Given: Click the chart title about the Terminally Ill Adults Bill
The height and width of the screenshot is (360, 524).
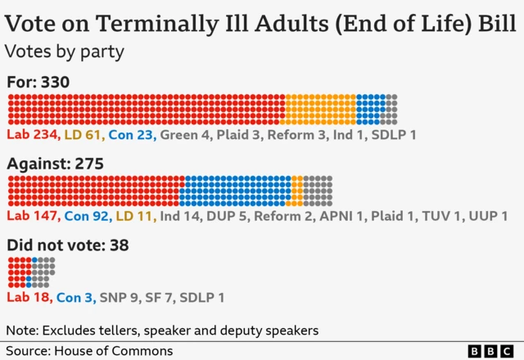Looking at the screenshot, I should click(x=260, y=20).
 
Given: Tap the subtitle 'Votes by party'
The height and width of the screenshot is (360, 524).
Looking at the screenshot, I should click(x=64, y=51).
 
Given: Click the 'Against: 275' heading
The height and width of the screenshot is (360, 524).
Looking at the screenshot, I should click(x=55, y=164).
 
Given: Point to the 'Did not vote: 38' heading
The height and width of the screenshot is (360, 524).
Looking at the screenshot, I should click(x=68, y=245).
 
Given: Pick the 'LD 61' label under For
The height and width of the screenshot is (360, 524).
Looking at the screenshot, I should click(x=83, y=133).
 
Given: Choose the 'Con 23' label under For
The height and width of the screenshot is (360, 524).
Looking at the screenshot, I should click(x=131, y=133).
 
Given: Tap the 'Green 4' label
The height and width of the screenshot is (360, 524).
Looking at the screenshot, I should click(x=183, y=133).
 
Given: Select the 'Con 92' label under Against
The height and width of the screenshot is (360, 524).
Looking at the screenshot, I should click(x=87, y=215).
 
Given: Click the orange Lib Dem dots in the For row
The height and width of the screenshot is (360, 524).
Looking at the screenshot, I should click(x=320, y=110).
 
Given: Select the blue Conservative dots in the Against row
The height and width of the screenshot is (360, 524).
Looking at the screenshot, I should click(x=235, y=191).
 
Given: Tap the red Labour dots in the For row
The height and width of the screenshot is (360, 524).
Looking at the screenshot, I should click(x=146, y=110).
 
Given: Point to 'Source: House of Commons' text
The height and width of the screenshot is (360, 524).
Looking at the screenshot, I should click(x=89, y=351).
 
